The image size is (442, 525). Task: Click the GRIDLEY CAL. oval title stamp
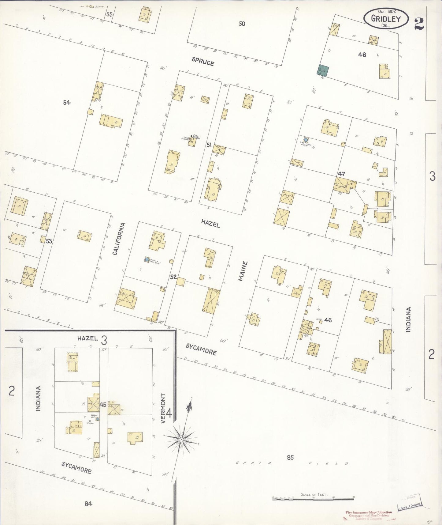coord(386,18)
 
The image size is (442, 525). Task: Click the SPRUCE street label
coord(202,62)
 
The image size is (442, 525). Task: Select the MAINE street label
coord(242,271)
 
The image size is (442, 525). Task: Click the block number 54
coord(67,103)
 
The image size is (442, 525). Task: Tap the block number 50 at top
coord(242,24)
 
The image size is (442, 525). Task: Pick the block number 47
coord(341,174)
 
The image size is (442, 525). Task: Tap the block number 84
coord(88,503)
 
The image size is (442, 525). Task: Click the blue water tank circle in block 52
coord(147,260)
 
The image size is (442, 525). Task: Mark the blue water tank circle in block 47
coord(305,140)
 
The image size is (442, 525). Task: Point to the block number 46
coord(328,320)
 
